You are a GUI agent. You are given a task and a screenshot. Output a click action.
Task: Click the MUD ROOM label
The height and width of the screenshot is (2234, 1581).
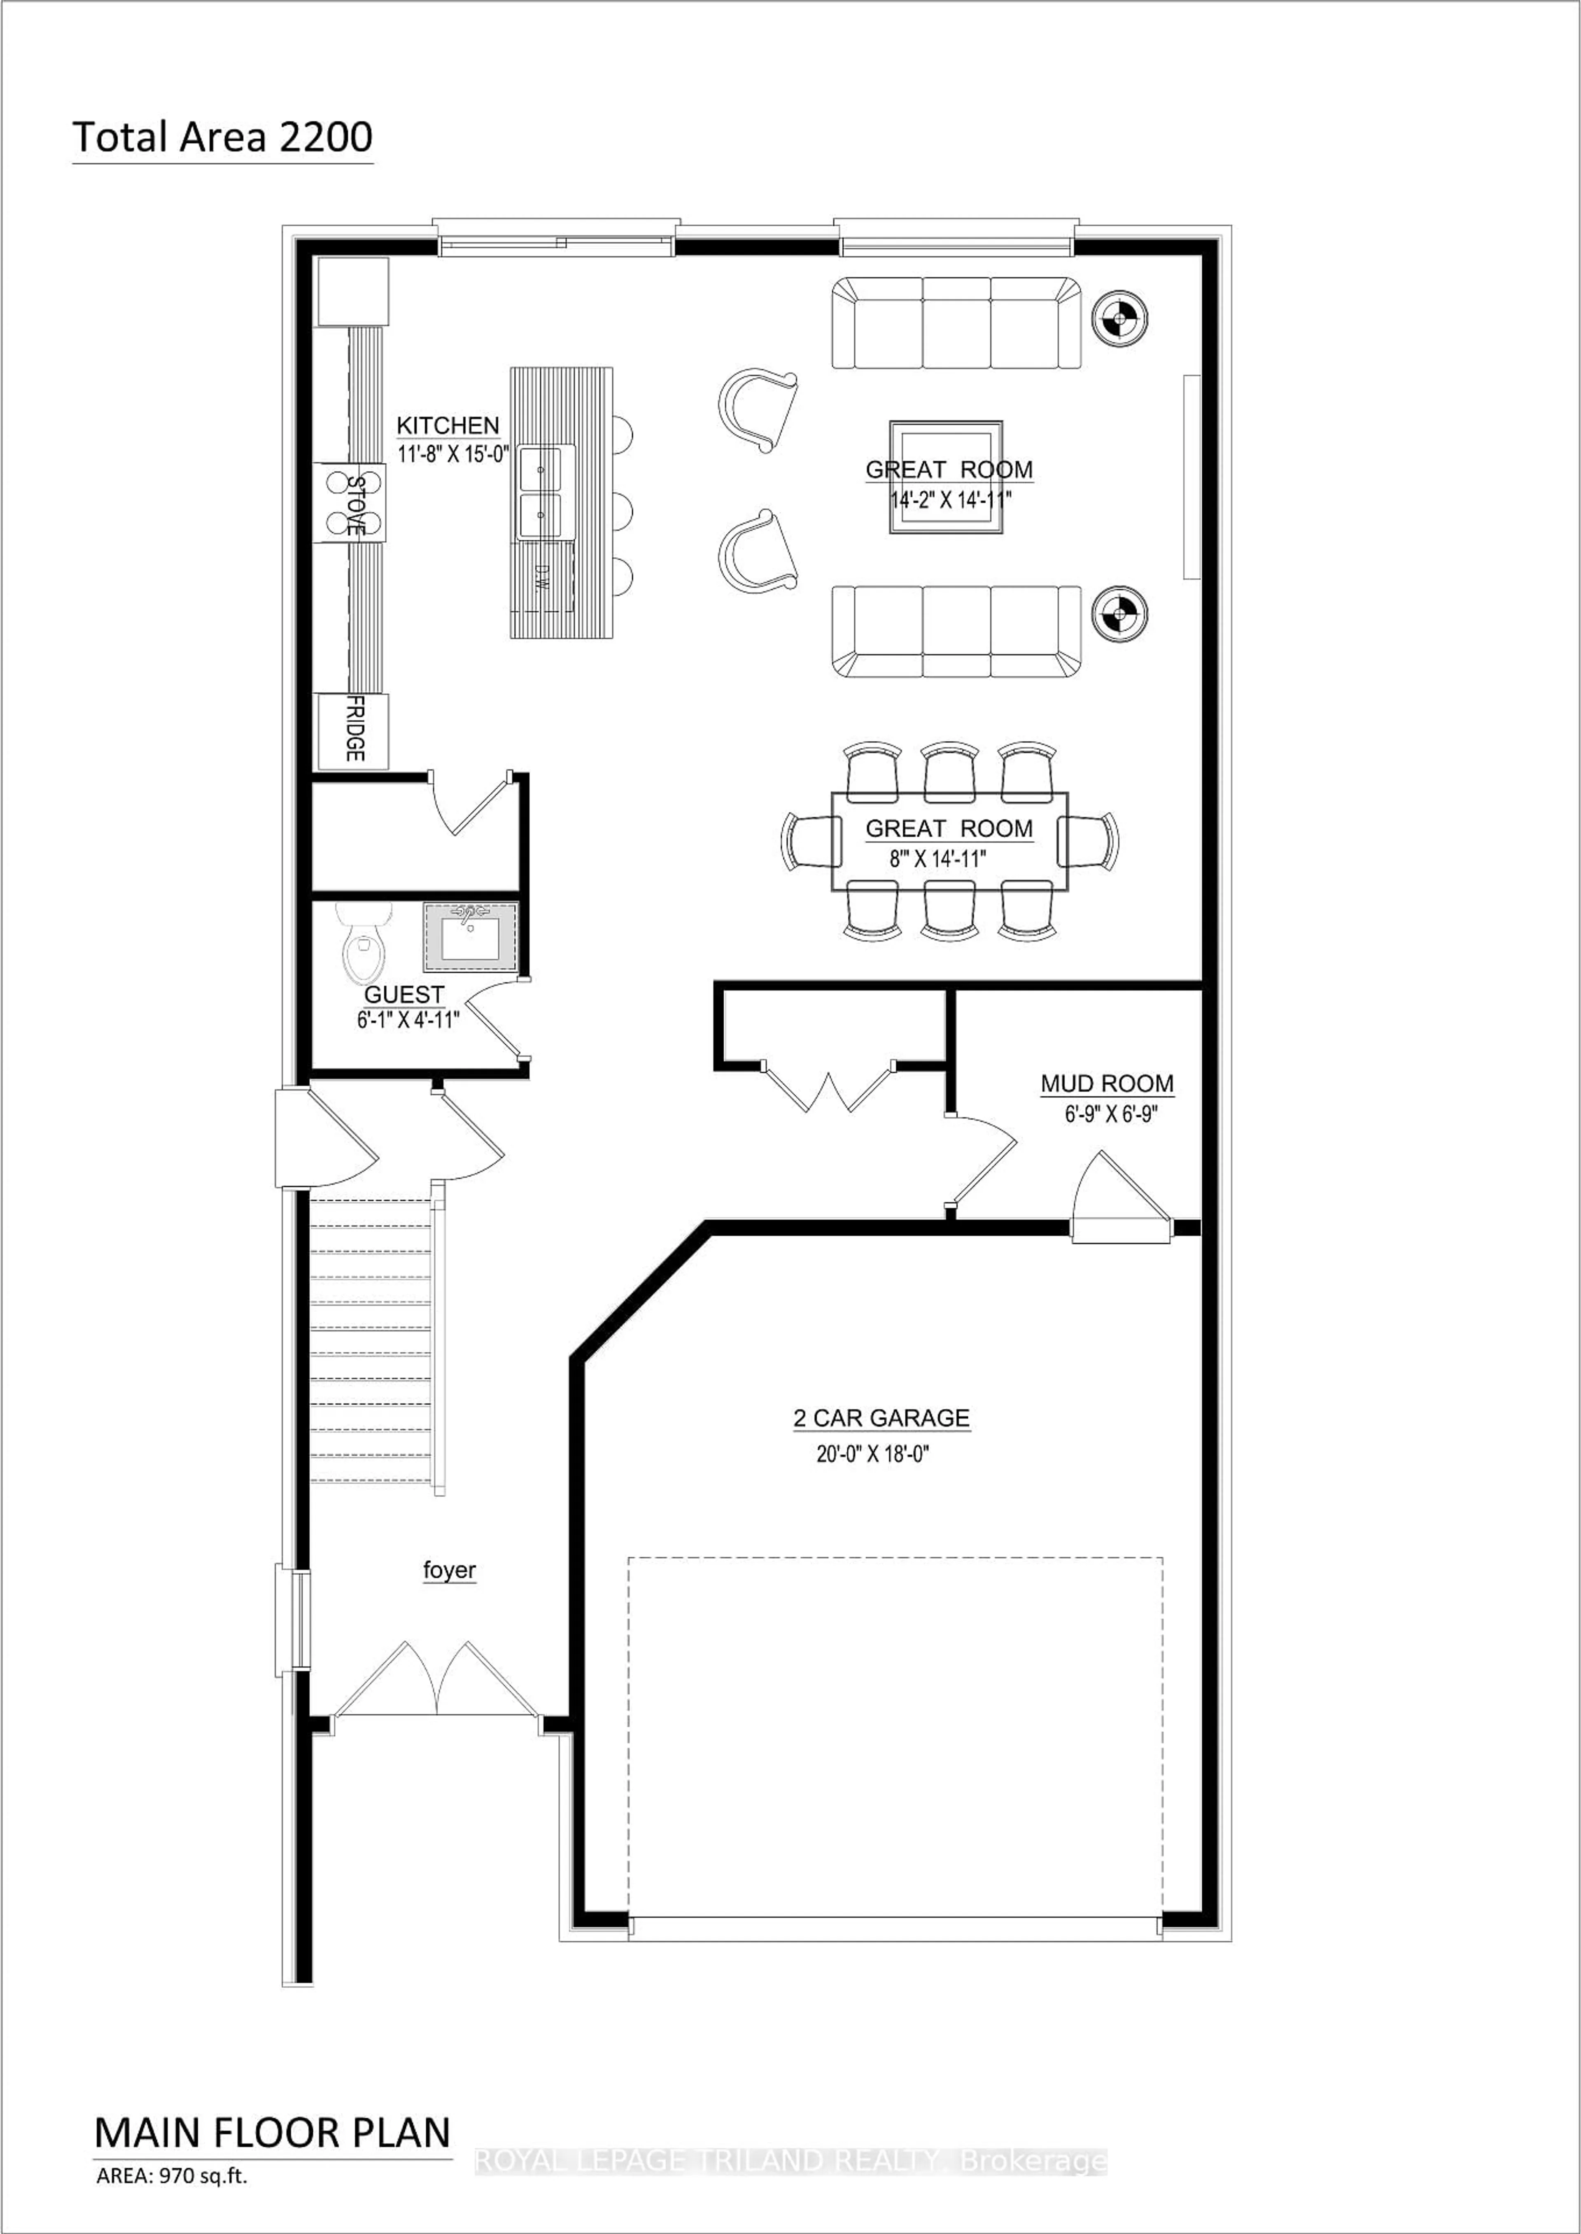tap(1107, 1083)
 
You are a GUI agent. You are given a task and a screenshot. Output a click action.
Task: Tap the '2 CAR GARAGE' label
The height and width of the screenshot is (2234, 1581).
tap(881, 1418)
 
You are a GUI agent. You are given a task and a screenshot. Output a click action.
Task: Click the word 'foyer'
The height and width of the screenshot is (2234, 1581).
tap(449, 1570)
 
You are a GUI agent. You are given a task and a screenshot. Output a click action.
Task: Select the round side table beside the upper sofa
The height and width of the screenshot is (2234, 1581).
tap(1119, 317)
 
